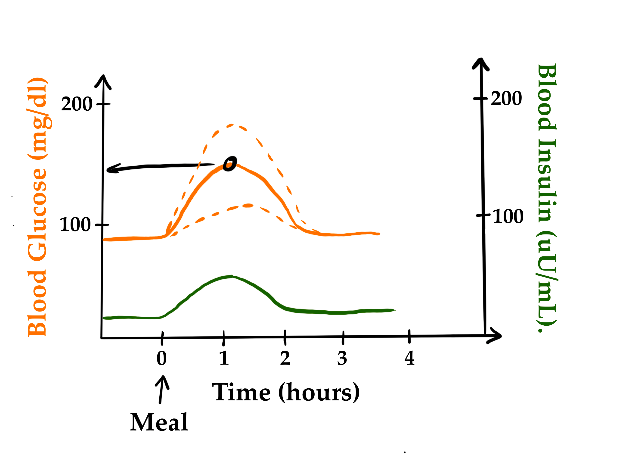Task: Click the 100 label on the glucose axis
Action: pyautogui.click(x=75, y=225)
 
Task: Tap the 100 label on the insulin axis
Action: pyautogui.click(x=508, y=216)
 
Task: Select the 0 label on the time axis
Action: pyautogui.click(x=162, y=358)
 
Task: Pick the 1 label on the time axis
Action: pyautogui.click(x=224, y=358)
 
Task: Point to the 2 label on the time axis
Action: pyautogui.click(x=285, y=358)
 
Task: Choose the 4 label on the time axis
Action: pyautogui.click(x=409, y=358)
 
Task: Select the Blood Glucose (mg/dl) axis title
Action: pyautogui.click(x=37, y=207)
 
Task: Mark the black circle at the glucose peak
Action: pyautogui.click(x=230, y=164)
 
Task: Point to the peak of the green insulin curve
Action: pyautogui.click(x=232, y=276)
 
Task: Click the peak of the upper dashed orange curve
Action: pyautogui.click(x=232, y=125)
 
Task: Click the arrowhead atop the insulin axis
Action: pyautogui.click(x=481, y=63)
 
